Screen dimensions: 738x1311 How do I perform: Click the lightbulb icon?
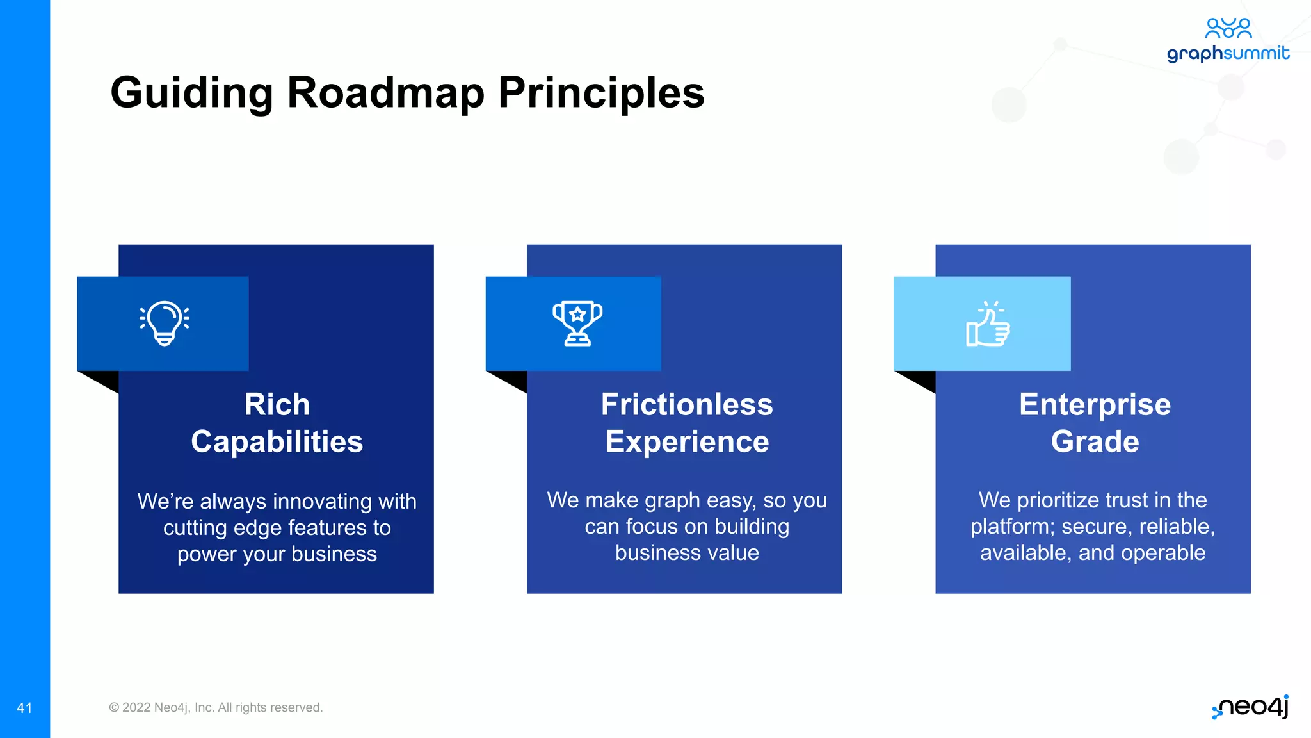[165, 324]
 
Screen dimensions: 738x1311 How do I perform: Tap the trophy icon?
[577, 324]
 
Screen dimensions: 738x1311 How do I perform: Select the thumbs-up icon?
[988, 325]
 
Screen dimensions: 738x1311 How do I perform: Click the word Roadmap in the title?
[385, 94]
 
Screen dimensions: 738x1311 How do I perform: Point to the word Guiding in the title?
[192, 94]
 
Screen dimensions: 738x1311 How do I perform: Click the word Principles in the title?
[601, 94]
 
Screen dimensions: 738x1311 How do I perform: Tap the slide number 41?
[24, 708]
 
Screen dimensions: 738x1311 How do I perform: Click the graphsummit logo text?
[1228, 53]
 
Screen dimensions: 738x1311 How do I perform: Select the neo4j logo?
[1251, 707]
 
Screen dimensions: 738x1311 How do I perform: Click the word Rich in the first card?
[277, 405]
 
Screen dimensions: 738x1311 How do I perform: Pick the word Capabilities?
[277, 442]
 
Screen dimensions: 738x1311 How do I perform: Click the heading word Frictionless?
[687, 405]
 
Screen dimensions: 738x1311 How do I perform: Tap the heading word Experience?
[687, 442]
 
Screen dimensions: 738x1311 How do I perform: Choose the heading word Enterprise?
[1095, 405]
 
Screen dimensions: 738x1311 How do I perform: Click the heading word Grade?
[1095, 442]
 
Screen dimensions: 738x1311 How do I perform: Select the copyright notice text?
[216, 707]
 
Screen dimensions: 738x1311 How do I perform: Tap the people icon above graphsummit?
[1228, 28]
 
